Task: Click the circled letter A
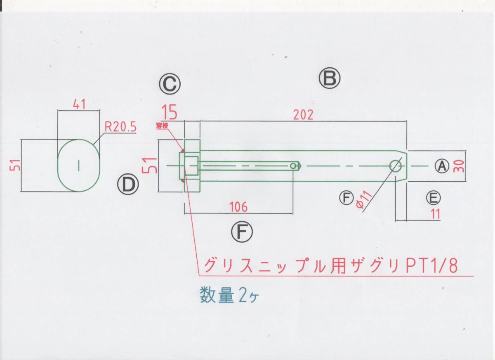(x=442, y=166)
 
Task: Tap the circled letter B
(x=330, y=78)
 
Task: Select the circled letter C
(x=170, y=84)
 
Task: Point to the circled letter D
(x=128, y=184)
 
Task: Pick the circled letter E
(x=433, y=198)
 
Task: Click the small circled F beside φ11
(x=346, y=198)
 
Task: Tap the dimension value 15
(x=170, y=112)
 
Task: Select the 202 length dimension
(x=303, y=115)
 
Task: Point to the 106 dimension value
(x=238, y=207)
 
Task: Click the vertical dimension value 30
(x=459, y=166)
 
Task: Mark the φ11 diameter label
(x=364, y=199)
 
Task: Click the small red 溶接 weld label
(x=162, y=126)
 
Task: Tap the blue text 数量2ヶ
(x=229, y=295)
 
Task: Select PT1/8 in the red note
(x=431, y=266)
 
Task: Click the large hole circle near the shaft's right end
(x=396, y=166)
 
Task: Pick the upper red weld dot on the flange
(x=183, y=151)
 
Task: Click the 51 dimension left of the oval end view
(x=15, y=165)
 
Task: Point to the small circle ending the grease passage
(x=293, y=166)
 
